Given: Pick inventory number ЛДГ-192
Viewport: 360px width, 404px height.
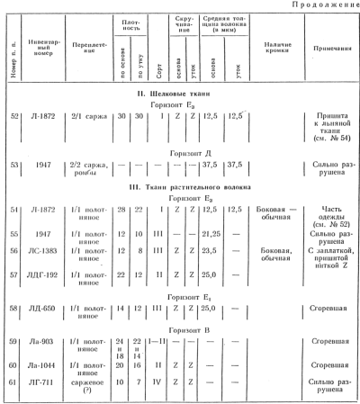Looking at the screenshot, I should [42, 274].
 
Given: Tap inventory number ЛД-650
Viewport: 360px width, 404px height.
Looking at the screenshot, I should [42, 308].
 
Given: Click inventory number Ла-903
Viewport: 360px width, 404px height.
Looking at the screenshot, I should [42, 343].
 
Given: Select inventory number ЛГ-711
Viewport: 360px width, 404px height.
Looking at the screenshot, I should [42, 383].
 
